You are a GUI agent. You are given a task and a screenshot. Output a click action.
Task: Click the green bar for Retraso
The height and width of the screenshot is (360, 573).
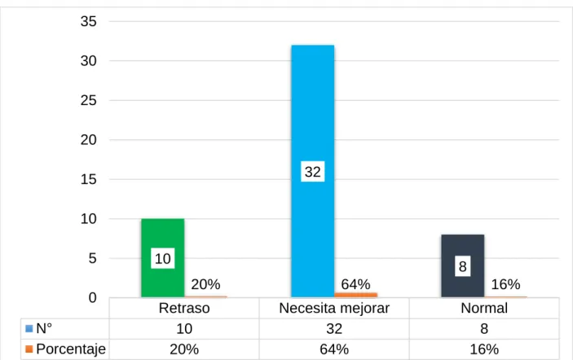pyautogui.click(x=163, y=258)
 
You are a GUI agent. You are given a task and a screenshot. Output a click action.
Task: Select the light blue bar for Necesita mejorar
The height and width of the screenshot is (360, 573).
pyautogui.click(x=313, y=171)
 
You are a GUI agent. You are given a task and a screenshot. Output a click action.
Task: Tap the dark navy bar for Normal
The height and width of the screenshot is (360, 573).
pyautogui.click(x=463, y=266)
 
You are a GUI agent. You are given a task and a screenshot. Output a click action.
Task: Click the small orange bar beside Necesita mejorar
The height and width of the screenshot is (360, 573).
pyautogui.click(x=355, y=295)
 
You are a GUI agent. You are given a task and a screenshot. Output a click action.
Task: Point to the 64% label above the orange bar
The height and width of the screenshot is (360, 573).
pyautogui.click(x=355, y=284)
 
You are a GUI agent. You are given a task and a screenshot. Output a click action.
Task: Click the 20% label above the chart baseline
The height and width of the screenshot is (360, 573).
pyautogui.click(x=205, y=284)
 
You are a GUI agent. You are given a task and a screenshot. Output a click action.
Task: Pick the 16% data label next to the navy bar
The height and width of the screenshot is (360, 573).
pyautogui.click(x=506, y=284)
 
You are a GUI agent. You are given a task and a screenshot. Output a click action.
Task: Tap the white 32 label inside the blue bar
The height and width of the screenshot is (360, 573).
pyautogui.click(x=313, y=172)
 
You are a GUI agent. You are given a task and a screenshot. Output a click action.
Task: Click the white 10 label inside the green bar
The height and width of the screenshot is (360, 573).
pyautogui.click(x=163, y=258)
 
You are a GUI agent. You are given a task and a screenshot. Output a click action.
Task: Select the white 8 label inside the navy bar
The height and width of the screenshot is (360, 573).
pyautogui.click(x=463, y=266)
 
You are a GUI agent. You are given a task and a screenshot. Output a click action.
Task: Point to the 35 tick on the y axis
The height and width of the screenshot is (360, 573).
pyautogui.click(x=88, y=21)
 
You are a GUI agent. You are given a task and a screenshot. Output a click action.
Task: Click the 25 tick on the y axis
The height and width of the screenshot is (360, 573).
pyautogui.click(x=88, y=100)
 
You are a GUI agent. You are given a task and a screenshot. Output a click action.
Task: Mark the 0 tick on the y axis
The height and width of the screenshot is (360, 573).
pyautogui.click(x=92, y=297)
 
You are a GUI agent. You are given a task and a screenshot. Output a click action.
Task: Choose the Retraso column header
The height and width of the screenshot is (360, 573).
pyautogui.click(x=184, y=308)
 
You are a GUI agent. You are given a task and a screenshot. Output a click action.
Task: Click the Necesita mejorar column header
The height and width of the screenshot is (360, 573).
pyautogui.click(x=334, y=308)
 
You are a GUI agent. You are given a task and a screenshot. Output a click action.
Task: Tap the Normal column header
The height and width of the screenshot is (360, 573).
pyautogui.click(x=484, y=308)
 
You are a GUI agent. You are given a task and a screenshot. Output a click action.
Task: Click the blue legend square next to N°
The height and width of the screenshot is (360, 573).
pyautogui.click(x=29, y=328)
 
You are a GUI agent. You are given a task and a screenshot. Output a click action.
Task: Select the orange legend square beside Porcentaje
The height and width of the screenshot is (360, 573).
pyautogui.click(x=29, y=349)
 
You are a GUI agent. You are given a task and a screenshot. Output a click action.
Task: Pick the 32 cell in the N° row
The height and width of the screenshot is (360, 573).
pyautogui.click(x=334, y=328)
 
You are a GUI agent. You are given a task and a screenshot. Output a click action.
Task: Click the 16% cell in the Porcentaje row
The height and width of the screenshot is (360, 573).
pyautogui.click(x=484, y=349)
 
